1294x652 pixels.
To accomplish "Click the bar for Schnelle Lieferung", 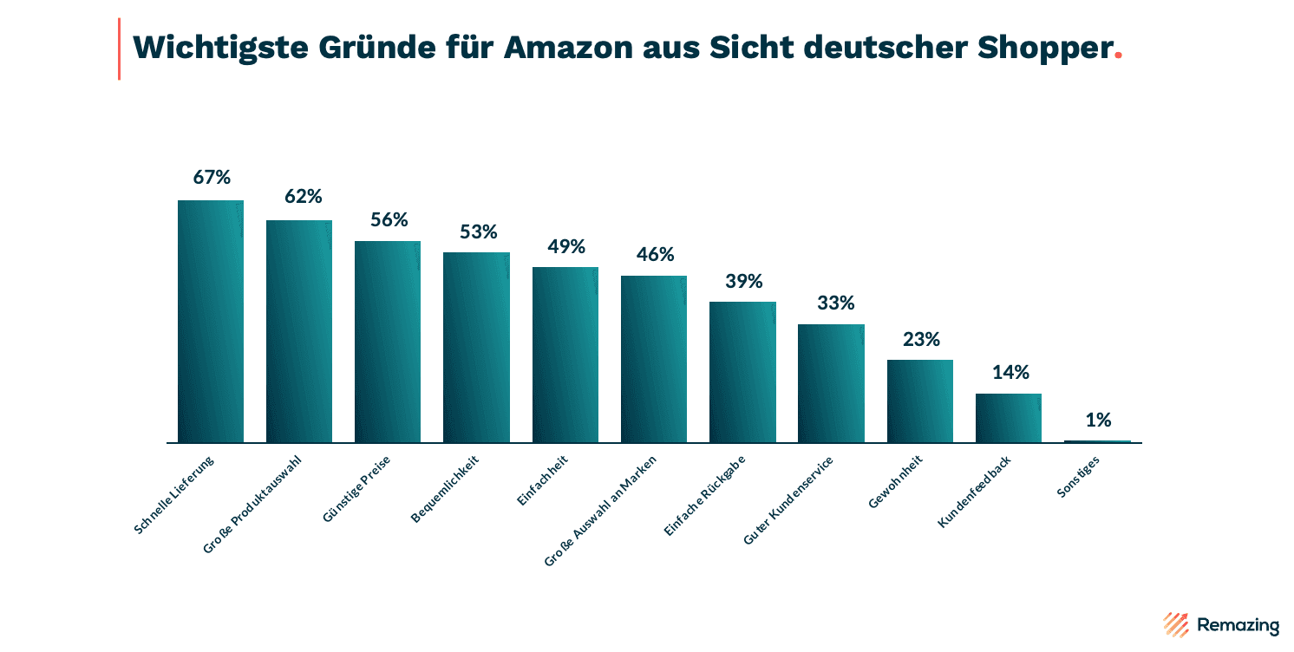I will pyautogui.click(x=211, y=321).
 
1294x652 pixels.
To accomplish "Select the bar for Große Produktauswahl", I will pyautogui.click(x=299, y=331).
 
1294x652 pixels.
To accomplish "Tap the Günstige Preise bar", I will pyautogui.click(x=388, y=342).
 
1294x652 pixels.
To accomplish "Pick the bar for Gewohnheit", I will pyautogui.click(x=919, y=401).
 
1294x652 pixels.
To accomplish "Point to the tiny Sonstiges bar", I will pyautogui.click(x=1097, y=441).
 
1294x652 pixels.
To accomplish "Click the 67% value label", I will pyautogui.click(x=212, y=177).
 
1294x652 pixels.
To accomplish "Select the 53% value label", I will pyautogui.click(x=478, y=231).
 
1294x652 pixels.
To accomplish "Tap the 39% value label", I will pyautogui.click(x=743, y=281).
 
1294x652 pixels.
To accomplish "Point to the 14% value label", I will pyautogui.click(x=1010, y=372).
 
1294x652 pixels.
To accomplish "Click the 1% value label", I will pyautogui.click(x=1098, y=420).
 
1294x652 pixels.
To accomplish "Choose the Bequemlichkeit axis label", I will pyautogui.click(x=445, y=490).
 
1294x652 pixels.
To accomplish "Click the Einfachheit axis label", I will pyautogui.click(x=542, y=482).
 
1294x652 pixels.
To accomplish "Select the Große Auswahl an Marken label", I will pyautogui.click(x=601, y=511).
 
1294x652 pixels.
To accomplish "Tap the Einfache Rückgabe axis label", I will pyautogui.click(x=704, y=496).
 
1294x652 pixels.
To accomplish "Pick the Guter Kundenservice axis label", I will pyautogui.click(x=788, y=501).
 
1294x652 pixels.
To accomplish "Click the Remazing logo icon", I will pyautogui.click(x=1175, y=624).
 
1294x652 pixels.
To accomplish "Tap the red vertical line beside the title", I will pyautogui.click(x=119, y=49).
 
